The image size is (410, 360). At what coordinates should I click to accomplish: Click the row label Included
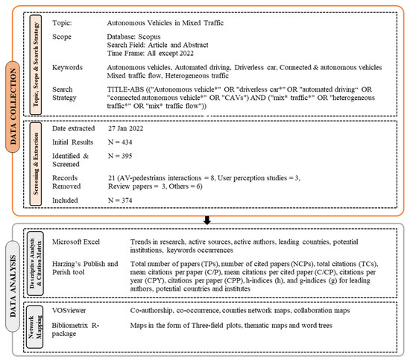pos(68,199)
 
